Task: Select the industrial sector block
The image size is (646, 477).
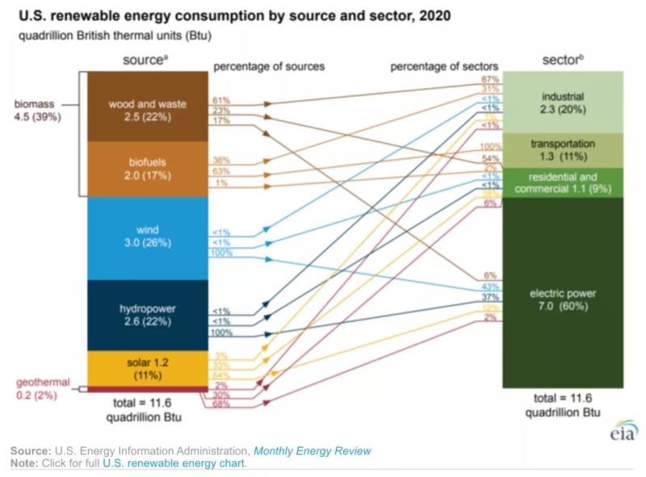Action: (x=562, y=102)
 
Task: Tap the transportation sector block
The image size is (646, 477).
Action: (x=562, y=150)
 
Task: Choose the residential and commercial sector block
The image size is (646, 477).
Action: (x=562, y=182)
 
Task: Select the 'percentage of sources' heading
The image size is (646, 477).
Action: (x=268, y=67)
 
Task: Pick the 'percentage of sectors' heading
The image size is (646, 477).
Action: (x=444, y=67)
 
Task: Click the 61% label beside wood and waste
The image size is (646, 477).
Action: (x=221, y=100)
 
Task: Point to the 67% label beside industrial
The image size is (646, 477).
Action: (x=489, y=79)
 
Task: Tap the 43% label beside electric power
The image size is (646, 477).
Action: (x=489, y=287)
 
